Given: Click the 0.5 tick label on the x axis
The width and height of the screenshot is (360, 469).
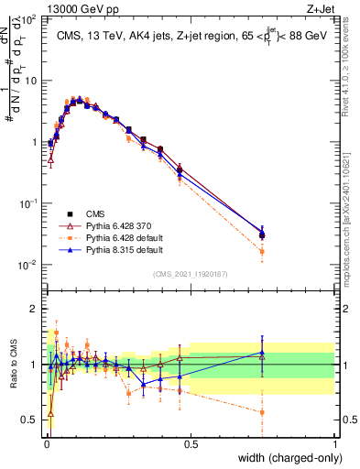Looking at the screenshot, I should pyautogui.click(x=190, y=442).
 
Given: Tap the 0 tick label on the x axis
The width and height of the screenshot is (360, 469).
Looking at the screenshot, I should pyautogui.click(x=46, y=442).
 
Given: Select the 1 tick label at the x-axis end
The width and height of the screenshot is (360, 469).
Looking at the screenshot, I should pyautogui.click(x=334, y=442).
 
